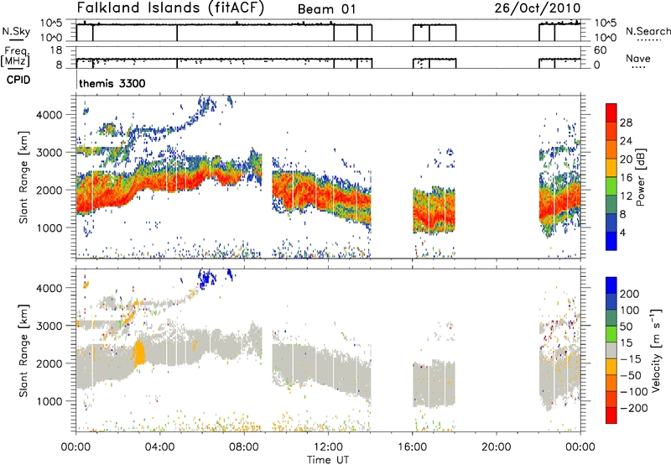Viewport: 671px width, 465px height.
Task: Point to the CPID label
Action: point(18,82)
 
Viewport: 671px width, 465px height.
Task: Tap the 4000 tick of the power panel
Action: point(57,113)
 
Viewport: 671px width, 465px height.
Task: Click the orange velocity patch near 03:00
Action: point(139,349)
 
